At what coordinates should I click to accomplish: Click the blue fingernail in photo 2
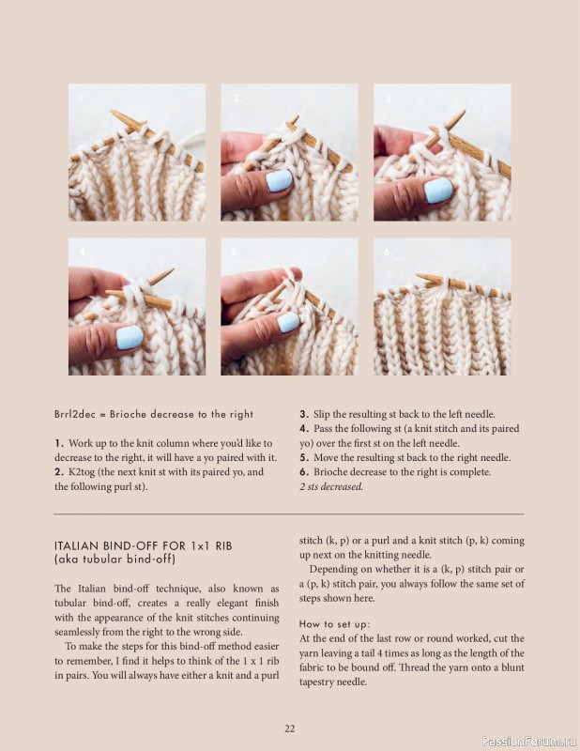click(279, 179)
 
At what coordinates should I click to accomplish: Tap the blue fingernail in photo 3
click(437, 191)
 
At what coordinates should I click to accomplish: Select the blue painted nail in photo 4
click(130, 337)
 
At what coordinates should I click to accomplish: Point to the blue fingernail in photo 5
click(288, 322)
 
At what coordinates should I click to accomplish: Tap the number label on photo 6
click(387, 253)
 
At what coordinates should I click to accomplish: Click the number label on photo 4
click(83, 253)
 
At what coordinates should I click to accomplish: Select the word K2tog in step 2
click(84, 472)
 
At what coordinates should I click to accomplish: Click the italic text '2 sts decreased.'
click(331, 487)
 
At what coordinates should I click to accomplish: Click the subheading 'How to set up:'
click(334, 623)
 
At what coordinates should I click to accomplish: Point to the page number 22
click(289, 728)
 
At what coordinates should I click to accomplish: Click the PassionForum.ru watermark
click(527, 741)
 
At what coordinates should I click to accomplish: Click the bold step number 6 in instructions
click(303, 472)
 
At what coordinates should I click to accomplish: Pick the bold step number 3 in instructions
click(303, 414)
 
